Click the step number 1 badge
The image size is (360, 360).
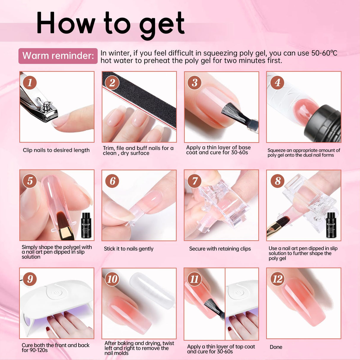30,82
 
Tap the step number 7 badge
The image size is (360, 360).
195,181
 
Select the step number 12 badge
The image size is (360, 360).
277,279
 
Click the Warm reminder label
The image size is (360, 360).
58,56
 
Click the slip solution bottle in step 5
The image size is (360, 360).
86,225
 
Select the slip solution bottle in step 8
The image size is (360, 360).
331,225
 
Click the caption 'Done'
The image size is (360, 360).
276,347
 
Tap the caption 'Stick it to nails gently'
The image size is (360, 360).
128,249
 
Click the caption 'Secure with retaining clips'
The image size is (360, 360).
220,249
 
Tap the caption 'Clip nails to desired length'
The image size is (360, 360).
56,150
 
